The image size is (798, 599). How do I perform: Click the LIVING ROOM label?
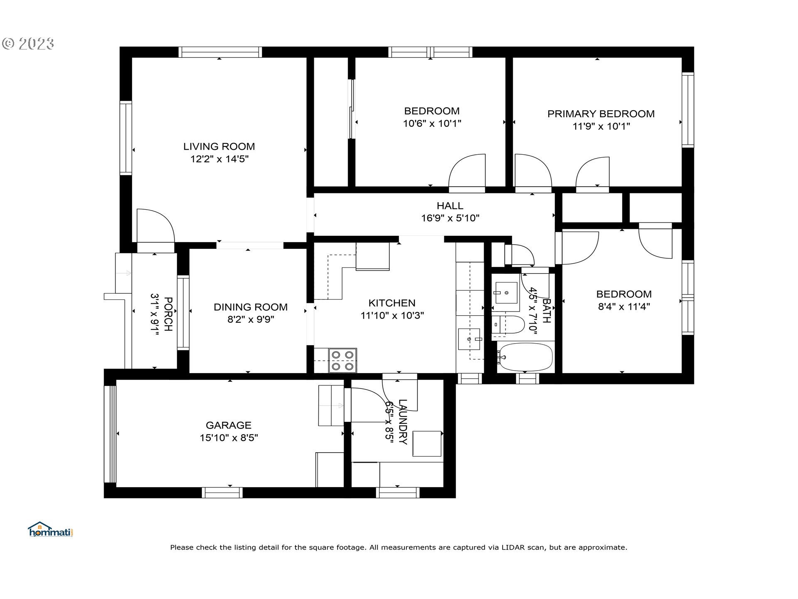pyautogui.click(x=219, y=146)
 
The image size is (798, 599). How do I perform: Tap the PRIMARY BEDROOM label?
pyautogui.click(x=601, y=114)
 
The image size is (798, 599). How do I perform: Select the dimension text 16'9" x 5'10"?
pyautogui.click(x=450, y=218)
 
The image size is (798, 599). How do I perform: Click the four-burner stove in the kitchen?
pyautogui.click(x=343, y=360)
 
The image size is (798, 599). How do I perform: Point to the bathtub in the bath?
pyautogui.click(x=526, y=357)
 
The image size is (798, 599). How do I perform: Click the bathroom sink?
pyautogui.click(x=506, y=292)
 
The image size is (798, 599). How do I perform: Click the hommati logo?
pyautogui.click(x=50, y=530)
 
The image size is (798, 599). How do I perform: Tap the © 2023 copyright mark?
pyautogui.click(x=28, y=44)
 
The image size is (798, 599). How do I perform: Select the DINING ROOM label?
pyautogui.click(x=251, y=307)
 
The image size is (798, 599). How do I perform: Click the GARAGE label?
pyautogui.click(x=229, y=425)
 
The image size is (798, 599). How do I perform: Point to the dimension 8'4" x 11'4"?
pyautogui.click(x=624, y=307)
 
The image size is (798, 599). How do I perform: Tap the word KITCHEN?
pyautogui.click(x=392, y=303)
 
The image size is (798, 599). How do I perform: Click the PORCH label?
pyautogui.click(x=168, y=314)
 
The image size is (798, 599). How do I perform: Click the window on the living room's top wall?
pyautogui.click(x=220, y=52)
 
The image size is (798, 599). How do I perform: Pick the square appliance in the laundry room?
pyautogui.click(x=427, y=444)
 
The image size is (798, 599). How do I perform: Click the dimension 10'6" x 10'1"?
pyautogui.click(x=432, y=124)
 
